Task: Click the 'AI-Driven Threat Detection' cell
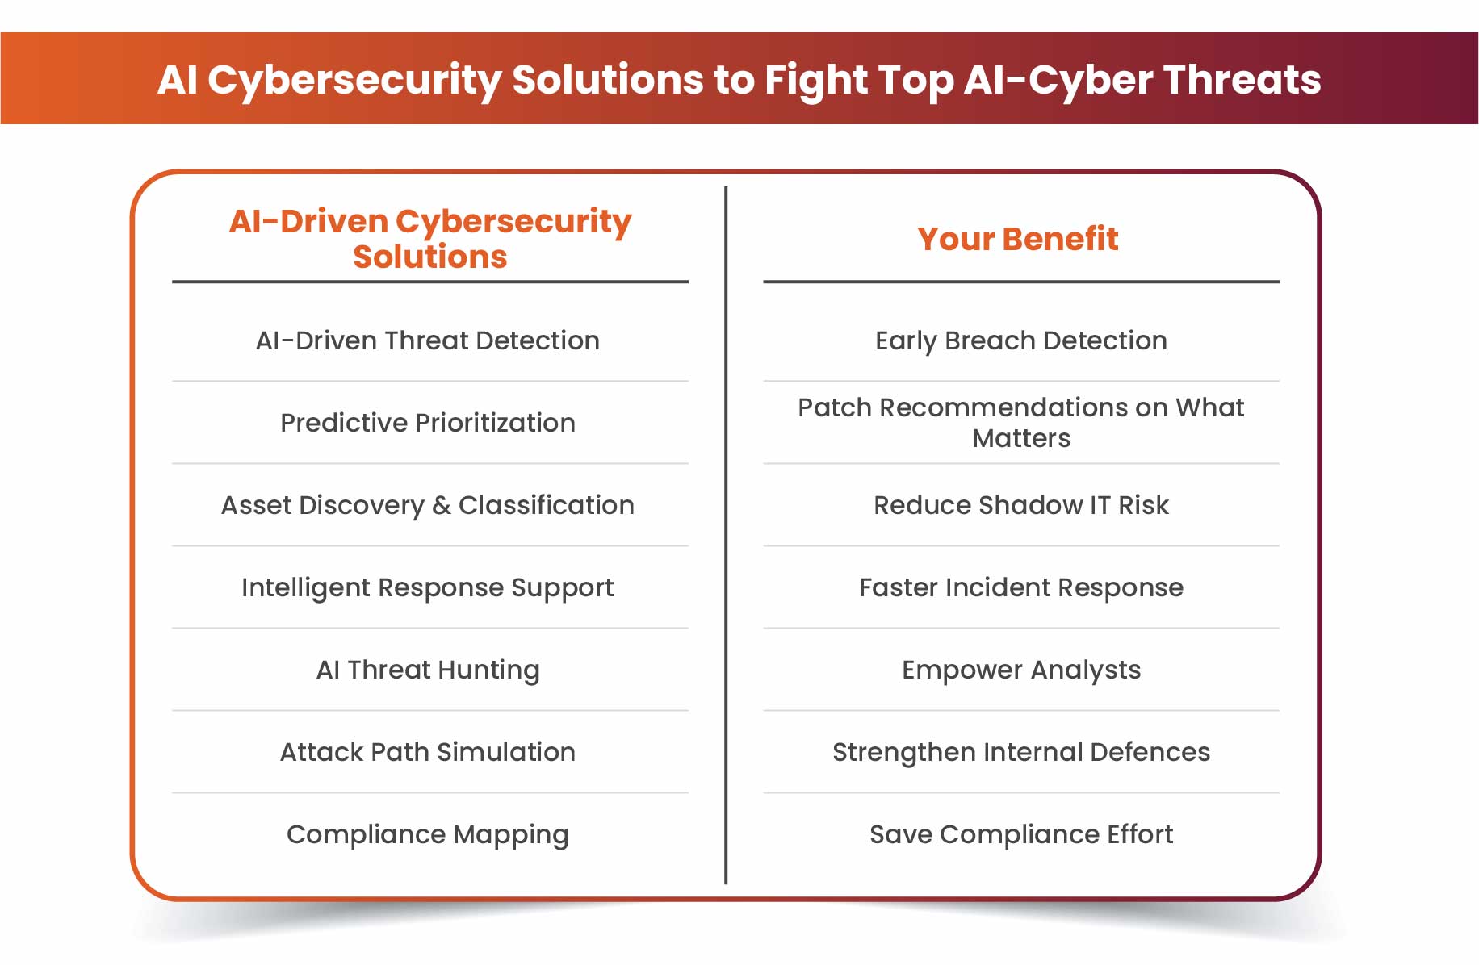click(x=428, y=340)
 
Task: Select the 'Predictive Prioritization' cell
click(x=428, y=423)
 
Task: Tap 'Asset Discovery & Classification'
click(x=428, y=505)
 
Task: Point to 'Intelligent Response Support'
click(x=428, y=587)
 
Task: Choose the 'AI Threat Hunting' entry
click(x=428, y=670)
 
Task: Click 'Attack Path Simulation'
click(x=428, y=752)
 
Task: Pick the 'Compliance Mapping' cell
click(x=428, y=834)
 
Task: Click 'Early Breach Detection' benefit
click(x=1021, y=340)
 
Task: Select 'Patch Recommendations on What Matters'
click(x=1021, y=422)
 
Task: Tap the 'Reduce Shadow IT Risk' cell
click(x=1021, y=505)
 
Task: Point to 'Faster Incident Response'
click(x=1021, y=587)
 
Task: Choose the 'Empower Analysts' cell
click(x=1021, y=670)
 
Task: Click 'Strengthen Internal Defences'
click(x=1021, y=752)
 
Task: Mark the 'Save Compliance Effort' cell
click(x=1021, y=834)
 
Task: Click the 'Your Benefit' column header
click(x=1018, y=239)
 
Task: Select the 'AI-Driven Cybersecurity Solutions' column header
click(x=430, y=238)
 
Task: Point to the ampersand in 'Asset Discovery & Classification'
click(x=441, y=505)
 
